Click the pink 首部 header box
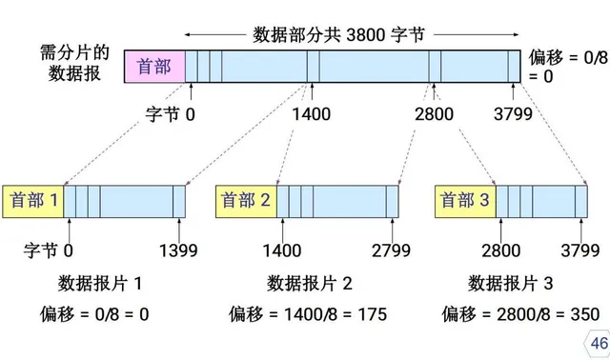(155, 67)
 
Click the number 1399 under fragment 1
(178, 250)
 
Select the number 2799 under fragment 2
(392, 250)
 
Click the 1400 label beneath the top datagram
(312, 115)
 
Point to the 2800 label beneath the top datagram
(435, 115)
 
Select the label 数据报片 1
(100, 283)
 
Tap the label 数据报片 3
(510, 283)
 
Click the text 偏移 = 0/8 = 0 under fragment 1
(94, 313)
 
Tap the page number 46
(599, 343)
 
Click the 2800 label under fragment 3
(501, 250)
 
